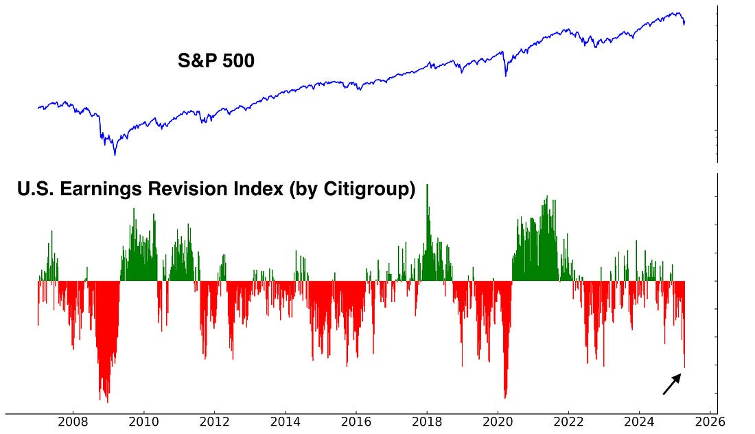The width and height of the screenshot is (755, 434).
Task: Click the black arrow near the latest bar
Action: click(x=672, y=384)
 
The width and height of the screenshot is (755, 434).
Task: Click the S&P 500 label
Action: click(x=216, y=61)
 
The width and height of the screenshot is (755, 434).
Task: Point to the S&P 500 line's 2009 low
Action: click(x=115, y=154)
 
